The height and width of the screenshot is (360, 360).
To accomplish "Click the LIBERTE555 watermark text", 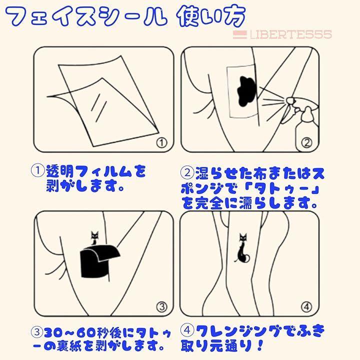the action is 291,34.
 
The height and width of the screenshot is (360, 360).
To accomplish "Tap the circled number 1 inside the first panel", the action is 162,143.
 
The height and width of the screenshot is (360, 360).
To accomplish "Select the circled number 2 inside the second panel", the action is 306,143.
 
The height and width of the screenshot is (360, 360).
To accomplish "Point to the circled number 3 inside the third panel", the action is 162,306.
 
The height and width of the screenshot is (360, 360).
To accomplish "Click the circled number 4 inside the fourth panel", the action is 306,306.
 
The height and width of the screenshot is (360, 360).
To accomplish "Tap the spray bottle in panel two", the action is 302,121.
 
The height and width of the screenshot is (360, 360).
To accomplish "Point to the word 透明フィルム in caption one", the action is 89,171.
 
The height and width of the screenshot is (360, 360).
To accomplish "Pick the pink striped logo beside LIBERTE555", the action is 239,34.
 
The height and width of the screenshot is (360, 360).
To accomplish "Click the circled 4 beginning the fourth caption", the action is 187,331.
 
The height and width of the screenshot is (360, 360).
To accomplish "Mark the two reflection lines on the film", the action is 98,106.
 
